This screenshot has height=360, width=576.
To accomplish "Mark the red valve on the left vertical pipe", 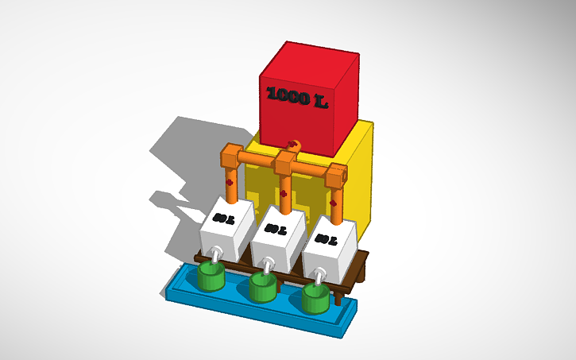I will click(x=229, y=181).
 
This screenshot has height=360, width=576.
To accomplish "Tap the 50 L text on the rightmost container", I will click(x=325, y=238).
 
